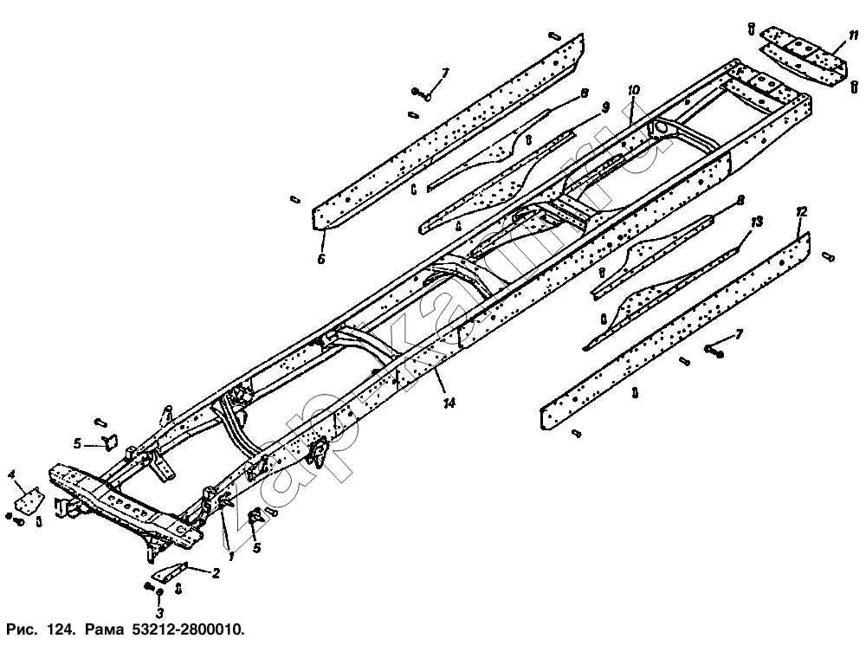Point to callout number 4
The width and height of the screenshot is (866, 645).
pos(12,474)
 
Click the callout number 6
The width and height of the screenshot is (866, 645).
pos(322,258)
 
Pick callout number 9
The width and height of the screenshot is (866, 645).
pos(604,106)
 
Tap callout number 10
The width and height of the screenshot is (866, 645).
pos(633,90)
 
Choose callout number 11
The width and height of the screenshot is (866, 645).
pos(853,35)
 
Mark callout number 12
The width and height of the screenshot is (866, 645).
pos(801,212)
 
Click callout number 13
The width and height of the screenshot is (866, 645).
pos(756,223)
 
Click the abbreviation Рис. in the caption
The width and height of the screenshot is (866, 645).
pos(21,627)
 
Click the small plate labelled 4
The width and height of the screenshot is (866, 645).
pos(32,501)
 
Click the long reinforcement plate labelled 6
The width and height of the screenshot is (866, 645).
pos(450,130)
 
